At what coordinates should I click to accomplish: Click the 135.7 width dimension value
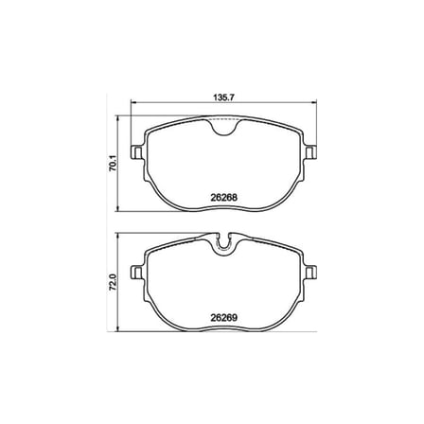click(223, 97)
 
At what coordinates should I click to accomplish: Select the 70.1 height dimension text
click(114, 163)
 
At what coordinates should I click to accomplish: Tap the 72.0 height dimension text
click(114, 282)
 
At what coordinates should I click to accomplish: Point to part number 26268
click(223, 198)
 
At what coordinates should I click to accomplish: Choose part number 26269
click(223, 318)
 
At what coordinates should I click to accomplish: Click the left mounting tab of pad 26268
click(136, 152)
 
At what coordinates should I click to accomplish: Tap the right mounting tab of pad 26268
click(310, 152)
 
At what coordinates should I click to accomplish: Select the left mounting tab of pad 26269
click(136, 272)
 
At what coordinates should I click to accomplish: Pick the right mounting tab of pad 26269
click(310, 272)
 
